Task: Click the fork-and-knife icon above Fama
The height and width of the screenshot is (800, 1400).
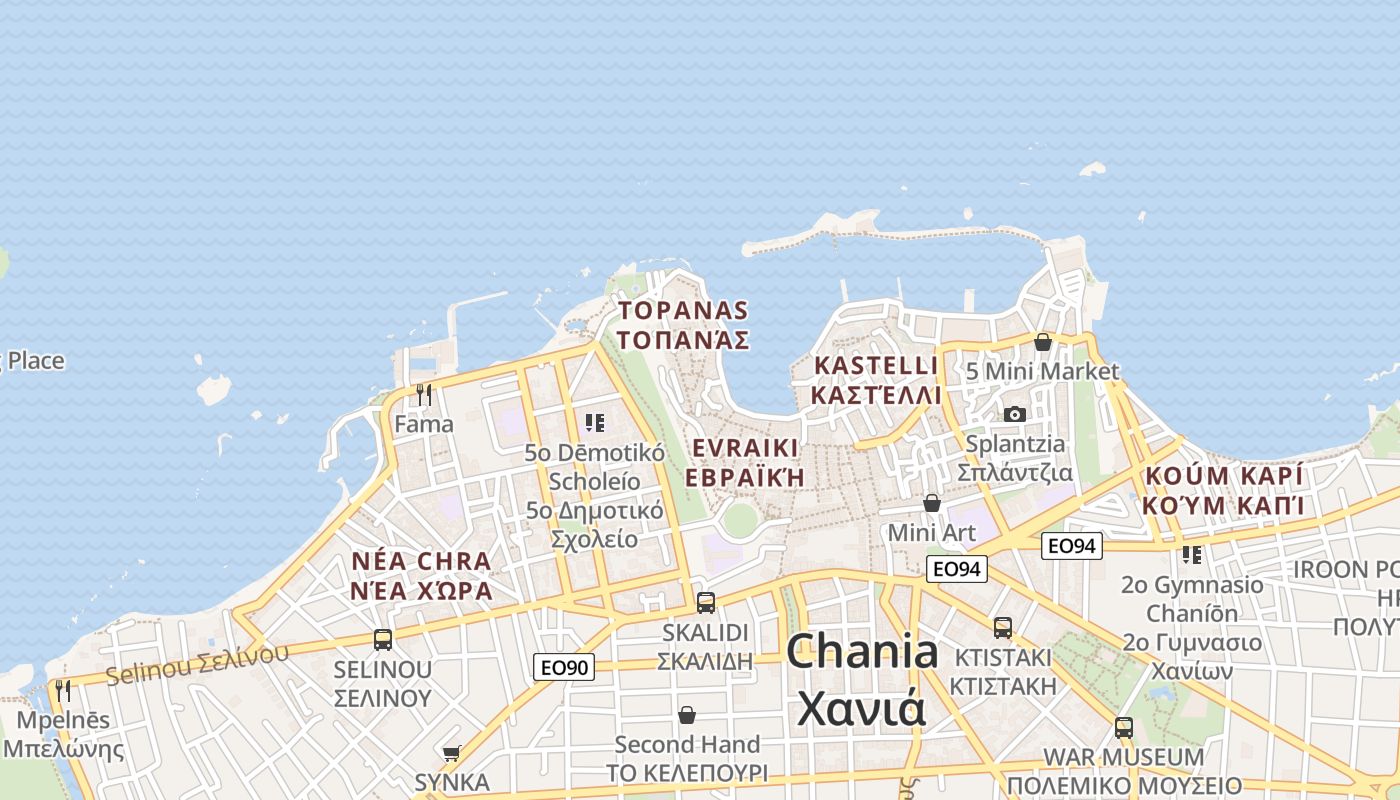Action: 423,394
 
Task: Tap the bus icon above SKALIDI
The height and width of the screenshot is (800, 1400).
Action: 706,603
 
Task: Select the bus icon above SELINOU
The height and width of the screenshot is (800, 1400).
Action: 382,639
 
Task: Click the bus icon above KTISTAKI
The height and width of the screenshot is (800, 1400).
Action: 1003,628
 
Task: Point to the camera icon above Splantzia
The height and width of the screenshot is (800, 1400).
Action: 1014,414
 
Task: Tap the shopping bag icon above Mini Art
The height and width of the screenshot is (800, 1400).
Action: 931,502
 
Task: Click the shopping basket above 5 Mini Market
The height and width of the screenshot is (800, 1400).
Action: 1043,342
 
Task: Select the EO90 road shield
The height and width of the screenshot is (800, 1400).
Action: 564,667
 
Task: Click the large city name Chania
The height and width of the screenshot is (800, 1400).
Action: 862,652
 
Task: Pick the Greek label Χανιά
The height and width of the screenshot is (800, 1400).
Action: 861,707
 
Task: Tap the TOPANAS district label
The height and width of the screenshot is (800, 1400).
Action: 683,310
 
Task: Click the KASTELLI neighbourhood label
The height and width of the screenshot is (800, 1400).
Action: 876,365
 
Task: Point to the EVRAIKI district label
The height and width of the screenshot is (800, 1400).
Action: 745,447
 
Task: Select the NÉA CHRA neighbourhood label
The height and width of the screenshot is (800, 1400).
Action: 421,560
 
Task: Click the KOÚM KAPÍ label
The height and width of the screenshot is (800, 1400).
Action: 1224,475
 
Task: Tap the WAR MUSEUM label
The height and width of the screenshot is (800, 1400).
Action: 1123,757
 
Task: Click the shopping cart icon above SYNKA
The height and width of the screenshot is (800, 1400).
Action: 451,753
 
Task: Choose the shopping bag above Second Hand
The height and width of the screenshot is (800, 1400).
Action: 686,715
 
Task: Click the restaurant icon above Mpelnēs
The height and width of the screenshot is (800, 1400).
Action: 62,690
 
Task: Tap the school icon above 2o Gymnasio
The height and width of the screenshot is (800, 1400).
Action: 1191,553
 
